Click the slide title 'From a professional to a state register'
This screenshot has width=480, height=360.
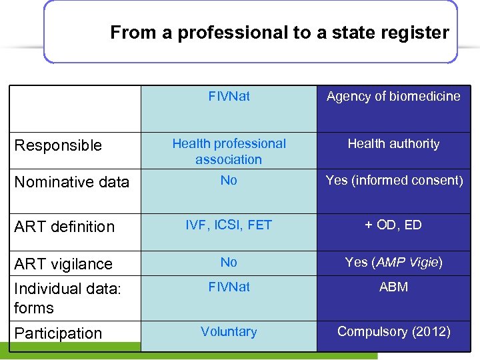[279, 32]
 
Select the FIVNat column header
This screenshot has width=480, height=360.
[229, 96]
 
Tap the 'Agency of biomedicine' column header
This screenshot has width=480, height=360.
[393, 96]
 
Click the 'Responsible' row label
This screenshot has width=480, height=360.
[59, 145]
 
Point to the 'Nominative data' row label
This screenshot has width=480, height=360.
[72, 182]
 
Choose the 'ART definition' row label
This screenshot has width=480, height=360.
[65, 227]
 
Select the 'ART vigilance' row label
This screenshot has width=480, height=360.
[63, 264]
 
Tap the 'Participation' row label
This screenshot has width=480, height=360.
[59, 333]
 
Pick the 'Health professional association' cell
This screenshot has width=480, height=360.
[229, 151]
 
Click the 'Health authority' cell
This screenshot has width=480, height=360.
[393, 143]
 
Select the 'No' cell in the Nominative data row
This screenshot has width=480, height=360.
[229, 180]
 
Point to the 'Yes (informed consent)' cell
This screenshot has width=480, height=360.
[393, 180]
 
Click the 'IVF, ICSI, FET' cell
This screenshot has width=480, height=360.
[229, 225]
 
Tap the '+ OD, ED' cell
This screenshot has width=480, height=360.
[393, 225]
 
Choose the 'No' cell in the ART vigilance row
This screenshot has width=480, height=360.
[229, 262]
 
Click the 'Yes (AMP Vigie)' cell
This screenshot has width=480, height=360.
[393, 262]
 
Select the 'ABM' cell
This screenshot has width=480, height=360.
[393, 287]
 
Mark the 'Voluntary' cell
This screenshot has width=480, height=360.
[229, 331]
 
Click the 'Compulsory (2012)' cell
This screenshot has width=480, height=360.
[393, 331]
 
